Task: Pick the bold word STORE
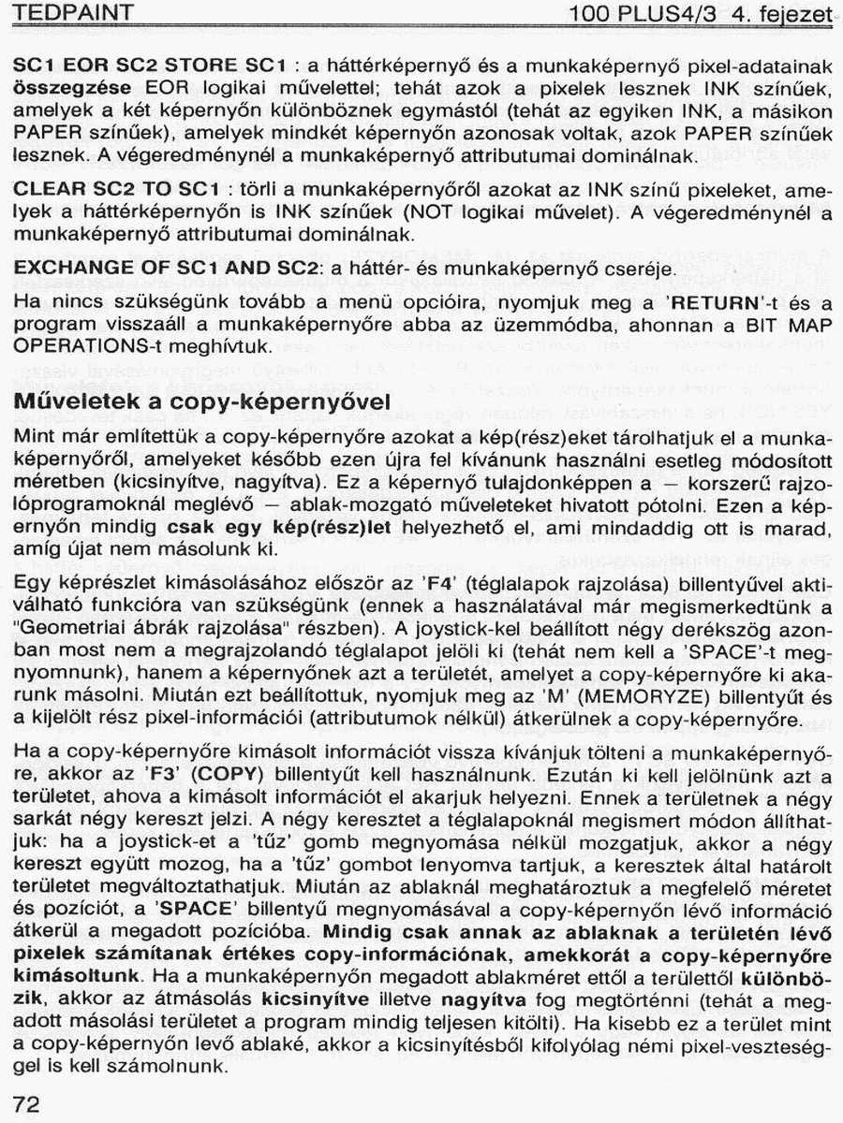(x=200, y=66)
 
